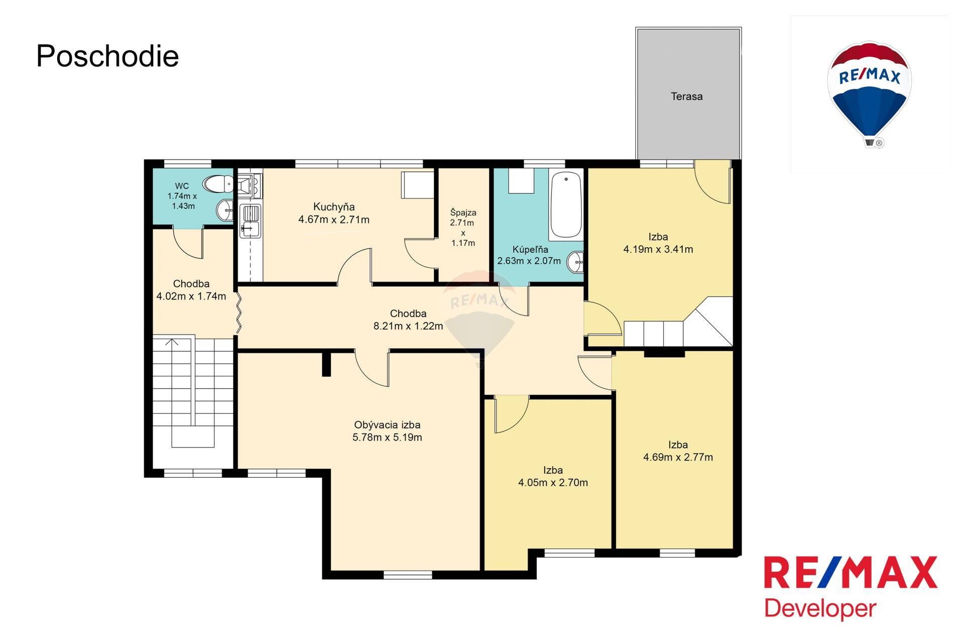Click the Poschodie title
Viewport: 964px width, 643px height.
click(x=107, y=56)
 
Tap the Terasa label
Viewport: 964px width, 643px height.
click(x=686, y=96)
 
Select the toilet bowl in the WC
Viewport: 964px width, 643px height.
click(x=219, y=184)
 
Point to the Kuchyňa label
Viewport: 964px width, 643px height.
click(x=334, y=206)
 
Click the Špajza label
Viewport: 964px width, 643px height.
click(x=463, y=212)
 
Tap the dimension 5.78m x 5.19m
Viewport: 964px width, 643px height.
click(x=387, y=438)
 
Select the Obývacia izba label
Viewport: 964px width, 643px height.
click(x=387, y=425)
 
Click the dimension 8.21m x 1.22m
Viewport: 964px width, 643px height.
click(x=408, y=326)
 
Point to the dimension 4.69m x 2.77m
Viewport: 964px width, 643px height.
click(x=678, y=457)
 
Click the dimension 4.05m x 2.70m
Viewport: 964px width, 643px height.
click(x=553, y=483)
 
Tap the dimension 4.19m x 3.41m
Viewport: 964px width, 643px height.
click(x=658, y=249)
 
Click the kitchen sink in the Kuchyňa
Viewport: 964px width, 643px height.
click(x=250, y=221)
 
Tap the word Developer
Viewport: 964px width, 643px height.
click(x=820, y=609)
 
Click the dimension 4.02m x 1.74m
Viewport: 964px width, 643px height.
click(x=191, y=296)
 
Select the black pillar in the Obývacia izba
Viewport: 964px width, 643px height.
click(x=326, y=364)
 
